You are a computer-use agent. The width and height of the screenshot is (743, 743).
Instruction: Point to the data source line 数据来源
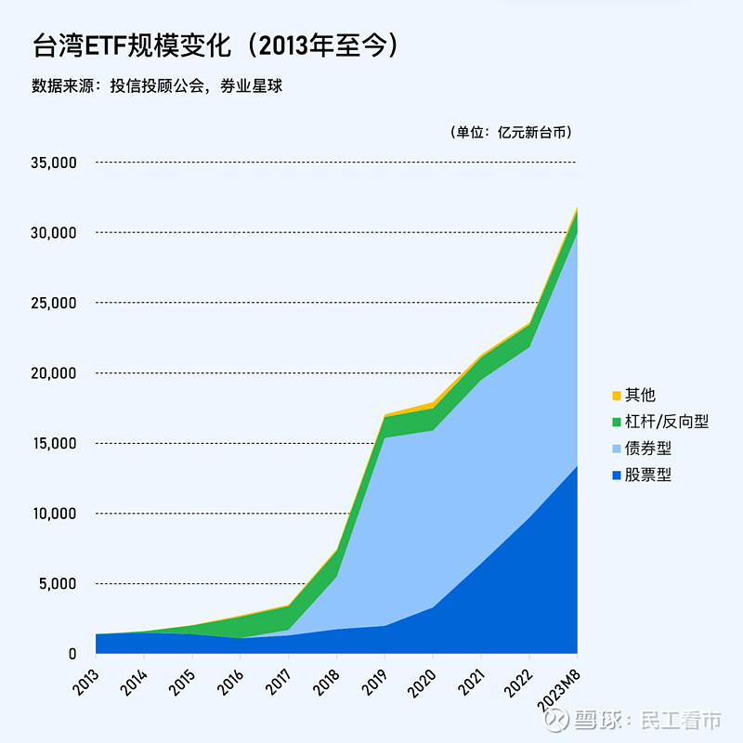pyautogui.click(x=156, y=86)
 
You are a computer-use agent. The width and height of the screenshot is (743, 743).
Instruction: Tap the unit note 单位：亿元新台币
pyautogui.click(x=511, y=132)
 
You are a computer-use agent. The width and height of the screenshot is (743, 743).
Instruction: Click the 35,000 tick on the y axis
pyautogui.click(x=53, y=163)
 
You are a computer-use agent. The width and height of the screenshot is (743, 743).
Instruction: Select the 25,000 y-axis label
pyautogui.click(x=53, y=303)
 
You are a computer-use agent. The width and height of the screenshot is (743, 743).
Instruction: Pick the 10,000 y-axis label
pyautogui.click(x=53, y=514)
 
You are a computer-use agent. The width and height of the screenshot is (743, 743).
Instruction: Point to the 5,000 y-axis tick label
pyautogui.click(x=57, y=584)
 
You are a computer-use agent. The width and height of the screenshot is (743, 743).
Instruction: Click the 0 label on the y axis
pyautogui.click(x=72, y=654)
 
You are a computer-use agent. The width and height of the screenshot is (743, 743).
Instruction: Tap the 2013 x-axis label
pyautogui.click(x=85, y=675)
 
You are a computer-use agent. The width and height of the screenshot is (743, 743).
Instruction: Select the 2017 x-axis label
pyautogui.click(x=278, y=675)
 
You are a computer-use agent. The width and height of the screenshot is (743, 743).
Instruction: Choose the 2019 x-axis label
pyautogui.click(x=374, y=675)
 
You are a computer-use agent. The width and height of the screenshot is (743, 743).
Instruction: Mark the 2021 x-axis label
pyautogui.click(x=471, y=675)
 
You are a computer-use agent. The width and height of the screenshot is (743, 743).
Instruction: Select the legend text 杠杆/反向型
pyautogui.click(x=667, y=422)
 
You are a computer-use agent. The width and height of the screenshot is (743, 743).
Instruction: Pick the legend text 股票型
pyautogui.click(x=647, y=475)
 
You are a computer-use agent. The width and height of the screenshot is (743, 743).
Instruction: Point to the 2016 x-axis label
pyautogui.click(x=229, y=675)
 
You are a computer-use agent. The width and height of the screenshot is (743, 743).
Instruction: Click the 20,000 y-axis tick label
pyautogui.click(x=53, y=373)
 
